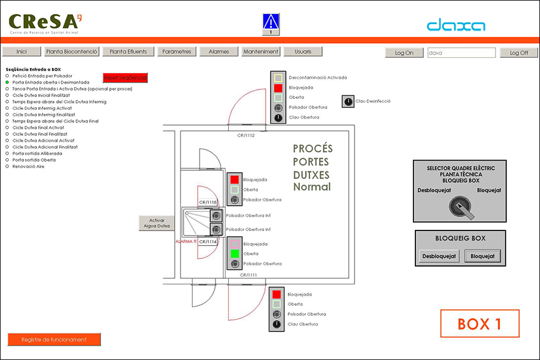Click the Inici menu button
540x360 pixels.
pos(22,52)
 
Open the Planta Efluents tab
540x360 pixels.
pos(128,52)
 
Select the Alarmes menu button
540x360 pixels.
pos(219,52)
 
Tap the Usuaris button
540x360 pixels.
pos(299,52)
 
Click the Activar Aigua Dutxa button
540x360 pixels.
pos(156,223)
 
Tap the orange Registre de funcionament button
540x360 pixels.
pos(54,339)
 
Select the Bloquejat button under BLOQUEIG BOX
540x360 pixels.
pos(483,257)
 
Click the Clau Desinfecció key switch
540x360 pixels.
pos(348,101)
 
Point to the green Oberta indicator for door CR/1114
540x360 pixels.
pos(235,253)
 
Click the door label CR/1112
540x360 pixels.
pos(245,135)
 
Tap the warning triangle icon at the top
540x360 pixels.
pos(271,21)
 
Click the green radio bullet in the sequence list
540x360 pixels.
pos(8,82)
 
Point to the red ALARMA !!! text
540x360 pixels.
pos(186,241)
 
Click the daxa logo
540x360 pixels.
pos(456,26)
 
